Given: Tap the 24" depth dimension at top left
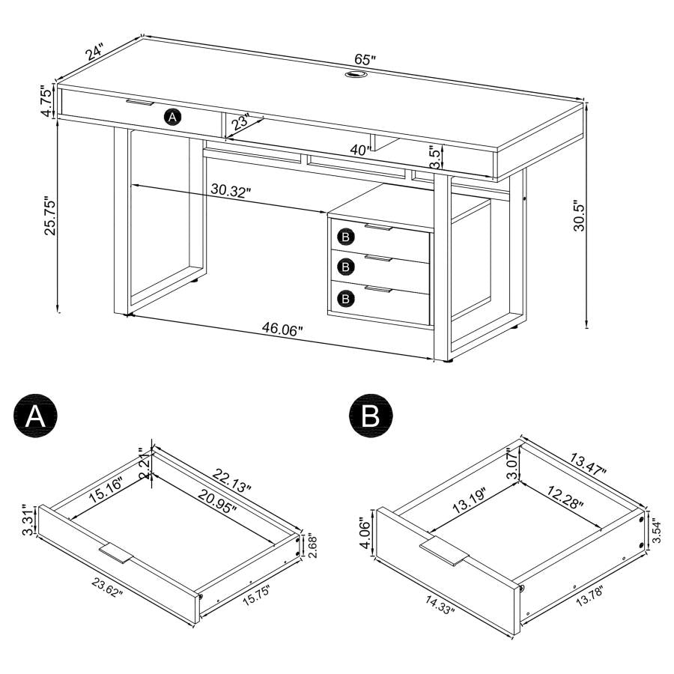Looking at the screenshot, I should coord(95,52).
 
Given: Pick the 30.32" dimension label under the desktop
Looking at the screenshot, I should coord(231,191).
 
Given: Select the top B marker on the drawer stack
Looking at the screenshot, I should coord(345,237).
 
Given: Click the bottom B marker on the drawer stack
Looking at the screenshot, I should coord(345,298).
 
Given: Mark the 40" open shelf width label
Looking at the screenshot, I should coord(360,150).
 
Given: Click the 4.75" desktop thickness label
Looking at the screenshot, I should coord(46,102).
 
